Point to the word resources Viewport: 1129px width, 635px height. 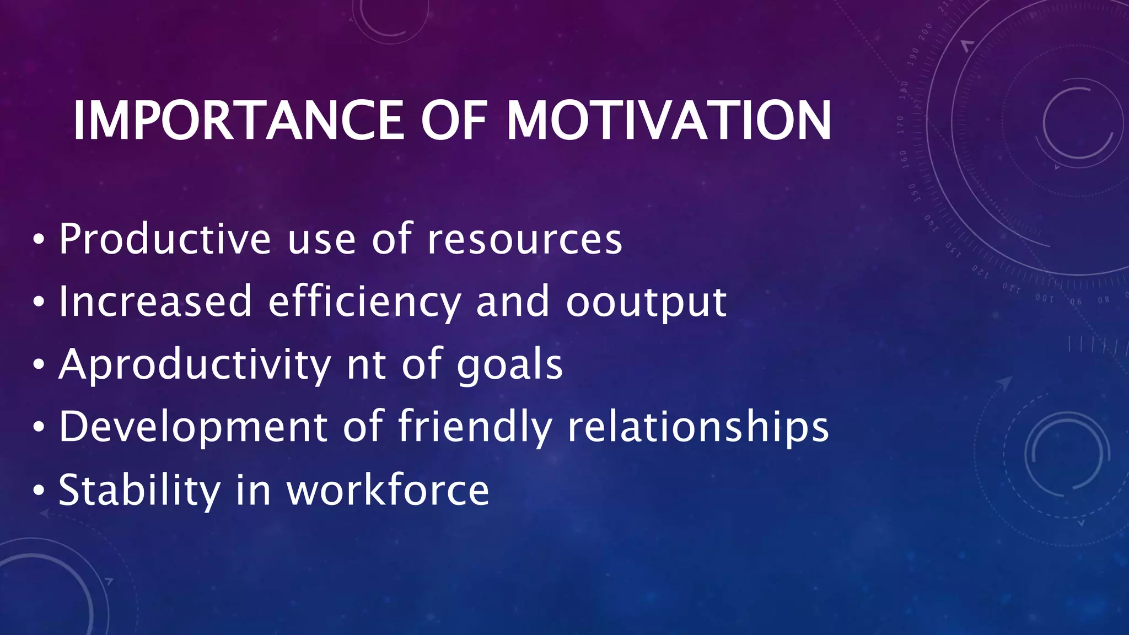point(525,240)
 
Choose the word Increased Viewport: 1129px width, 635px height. point(155,302)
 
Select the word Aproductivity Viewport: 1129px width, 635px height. point(195,365)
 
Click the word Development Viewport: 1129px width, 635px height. point(193,428)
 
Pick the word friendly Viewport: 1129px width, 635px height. point(475,427)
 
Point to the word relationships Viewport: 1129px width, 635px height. point(698,428)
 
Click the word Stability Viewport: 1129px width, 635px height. point(139,491)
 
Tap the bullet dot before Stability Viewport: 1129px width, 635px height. point(38,490)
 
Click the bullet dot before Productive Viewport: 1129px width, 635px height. point(38,239)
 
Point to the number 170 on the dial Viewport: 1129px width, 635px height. point(900,125)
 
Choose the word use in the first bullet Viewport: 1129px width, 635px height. point(321,240)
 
